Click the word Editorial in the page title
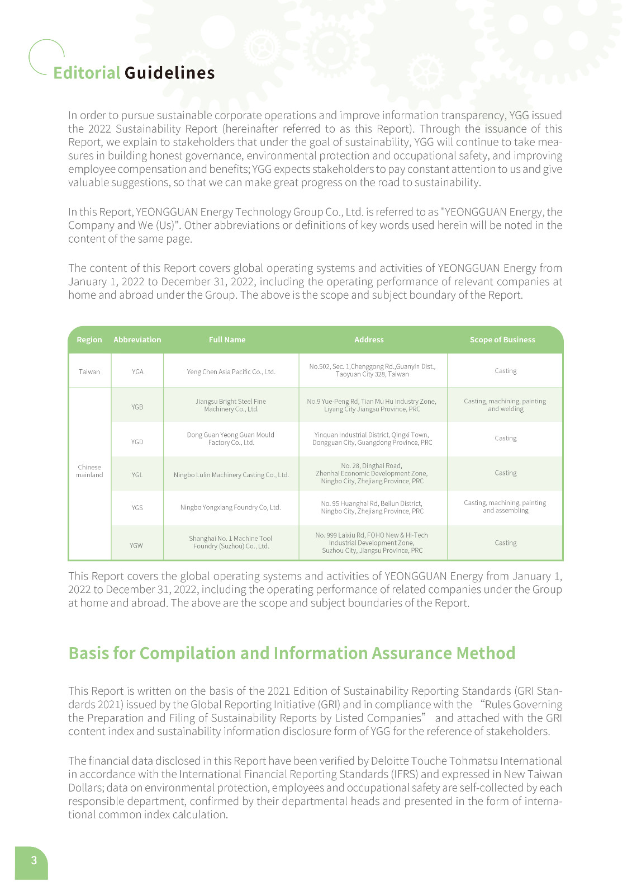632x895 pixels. tap(87, 73)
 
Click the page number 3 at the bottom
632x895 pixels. tap(34, 860)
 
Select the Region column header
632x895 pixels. tap(89, 340)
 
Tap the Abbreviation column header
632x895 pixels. tap(137, 340)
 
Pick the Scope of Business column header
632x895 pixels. tap(502, 340)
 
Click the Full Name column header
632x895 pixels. tap(227, 340)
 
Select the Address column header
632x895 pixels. tap(369, 340)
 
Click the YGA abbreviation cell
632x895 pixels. tap(137, 371)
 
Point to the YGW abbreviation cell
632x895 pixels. tap(136, 545)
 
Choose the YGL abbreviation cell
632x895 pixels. tap(137, 475)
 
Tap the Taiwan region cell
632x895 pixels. tap(89, 371)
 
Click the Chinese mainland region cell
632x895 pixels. tap(89, 471)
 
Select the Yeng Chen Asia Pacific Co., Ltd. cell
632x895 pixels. tap(231, 371)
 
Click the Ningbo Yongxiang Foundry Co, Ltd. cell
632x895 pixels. tap(230, 507)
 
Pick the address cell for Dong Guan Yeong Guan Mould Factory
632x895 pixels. tap(372, 439)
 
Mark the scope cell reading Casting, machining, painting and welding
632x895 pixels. tap(505, 405)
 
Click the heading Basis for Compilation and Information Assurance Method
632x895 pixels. tap(292, 653)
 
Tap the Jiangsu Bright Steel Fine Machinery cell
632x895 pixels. tap(231, 405)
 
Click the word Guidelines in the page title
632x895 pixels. tap(169, 73)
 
